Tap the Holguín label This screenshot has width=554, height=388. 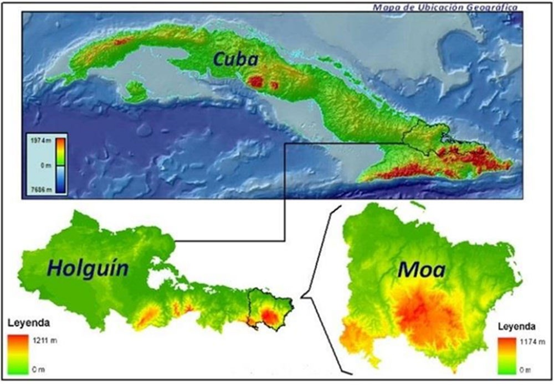[88, 268]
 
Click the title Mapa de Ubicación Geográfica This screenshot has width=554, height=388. [445, 8]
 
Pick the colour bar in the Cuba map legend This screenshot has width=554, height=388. [60, 164]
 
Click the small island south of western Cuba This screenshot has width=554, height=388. [135, 91]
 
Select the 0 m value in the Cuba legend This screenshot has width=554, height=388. [38, 165]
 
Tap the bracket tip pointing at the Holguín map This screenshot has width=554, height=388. [300, 296]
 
